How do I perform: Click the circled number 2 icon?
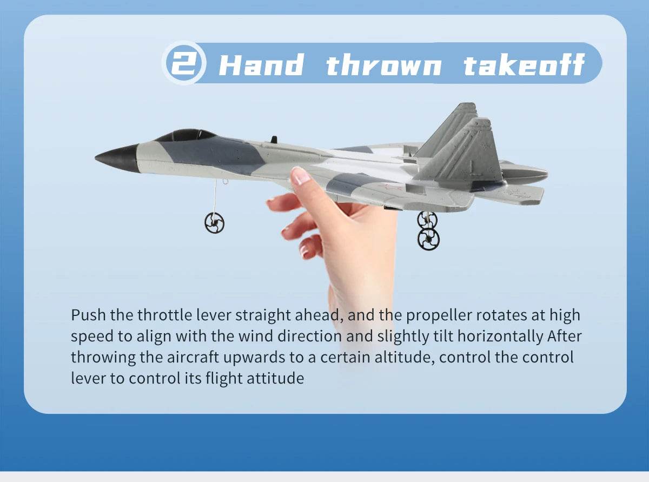(x=184, y=63)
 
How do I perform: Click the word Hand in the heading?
(x=261, y=65)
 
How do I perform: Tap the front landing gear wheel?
(x=215, y=222)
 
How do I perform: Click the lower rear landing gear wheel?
(x=428, y=239)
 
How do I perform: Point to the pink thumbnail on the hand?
(x=300, y=176)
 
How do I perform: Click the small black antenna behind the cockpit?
(x=274, y=140)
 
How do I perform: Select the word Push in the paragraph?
(x=89, y=315)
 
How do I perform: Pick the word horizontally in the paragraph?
(x=500, y=336)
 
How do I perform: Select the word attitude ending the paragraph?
(x=275, y=378)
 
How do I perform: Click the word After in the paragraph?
(x=565, y=336)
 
